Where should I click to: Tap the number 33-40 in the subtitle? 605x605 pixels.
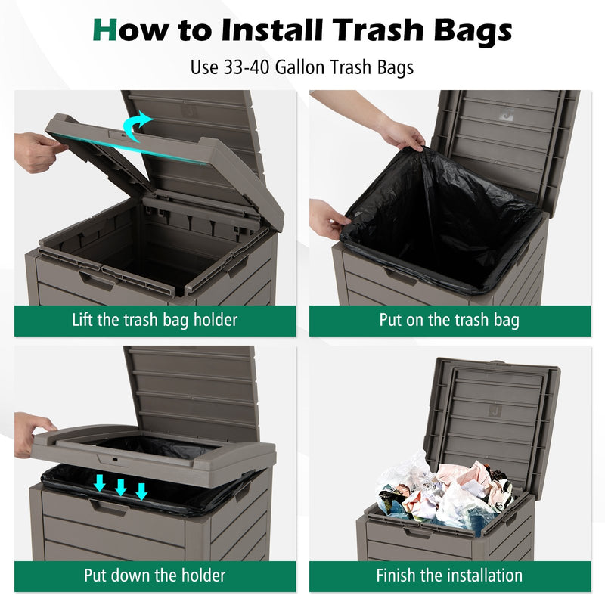pos(247,67)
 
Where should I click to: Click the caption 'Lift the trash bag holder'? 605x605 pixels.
pos(154,320)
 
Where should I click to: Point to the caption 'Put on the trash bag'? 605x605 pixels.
pos(449,320)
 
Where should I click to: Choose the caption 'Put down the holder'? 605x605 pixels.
pos(154,576)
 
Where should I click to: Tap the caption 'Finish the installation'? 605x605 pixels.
pos(449,576)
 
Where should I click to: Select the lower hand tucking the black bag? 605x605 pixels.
pos(327,219)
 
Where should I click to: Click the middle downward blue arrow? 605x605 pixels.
pos(120,487)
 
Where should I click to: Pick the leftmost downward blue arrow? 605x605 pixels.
pos(99,482)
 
